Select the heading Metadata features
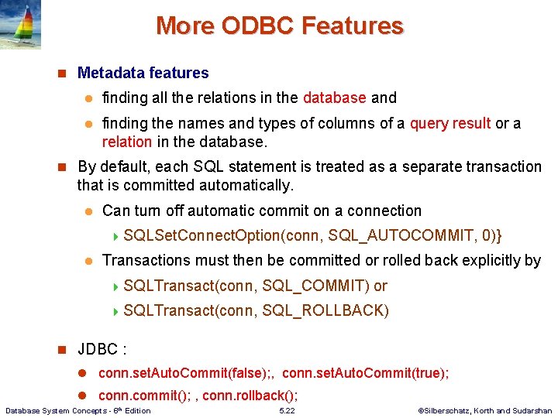(143, 73)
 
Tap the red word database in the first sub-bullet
(334, 98)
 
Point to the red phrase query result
(450, 123)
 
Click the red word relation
(127, 142)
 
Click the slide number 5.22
(287, 411)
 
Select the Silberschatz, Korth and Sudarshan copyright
(484, 411)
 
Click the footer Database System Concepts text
(77, 410)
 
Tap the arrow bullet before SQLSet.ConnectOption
(116, 236)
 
